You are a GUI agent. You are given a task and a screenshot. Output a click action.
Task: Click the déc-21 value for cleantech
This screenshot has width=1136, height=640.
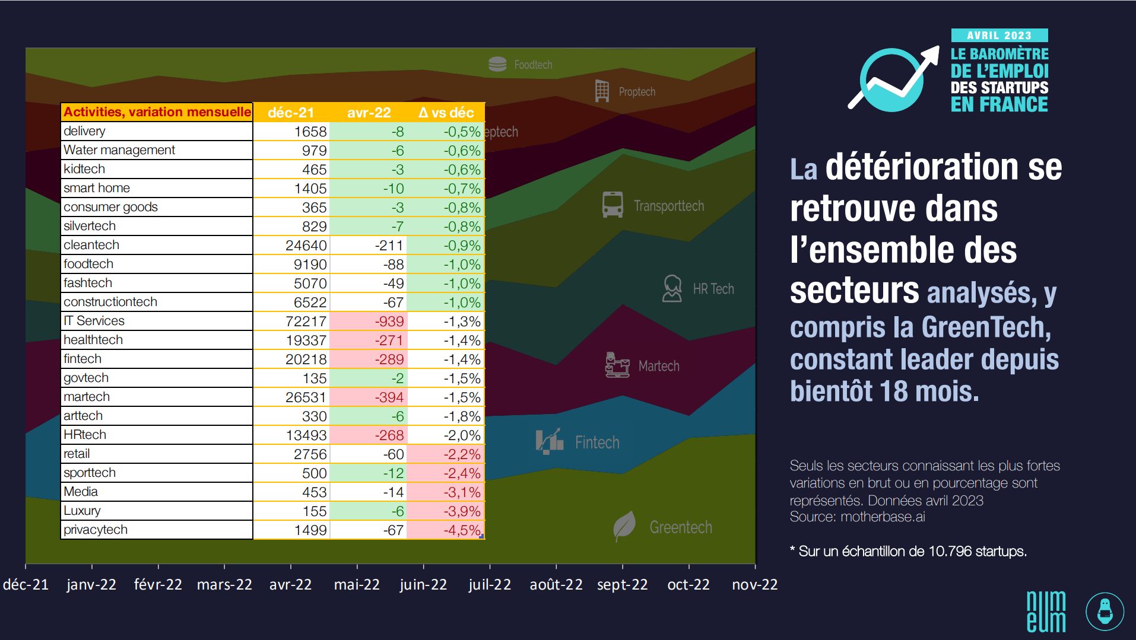306,246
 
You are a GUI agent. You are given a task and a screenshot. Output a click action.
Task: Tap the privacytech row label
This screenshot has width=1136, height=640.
96,530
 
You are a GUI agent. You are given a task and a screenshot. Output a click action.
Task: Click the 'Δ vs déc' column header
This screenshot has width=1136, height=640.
446,113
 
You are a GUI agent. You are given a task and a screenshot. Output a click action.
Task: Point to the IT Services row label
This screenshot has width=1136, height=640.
94,321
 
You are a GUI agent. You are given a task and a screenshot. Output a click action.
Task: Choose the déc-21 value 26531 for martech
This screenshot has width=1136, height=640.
306,397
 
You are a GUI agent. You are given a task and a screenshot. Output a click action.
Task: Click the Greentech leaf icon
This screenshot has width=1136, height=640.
624,526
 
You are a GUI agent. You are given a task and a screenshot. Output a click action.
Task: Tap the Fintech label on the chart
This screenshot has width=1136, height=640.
597,442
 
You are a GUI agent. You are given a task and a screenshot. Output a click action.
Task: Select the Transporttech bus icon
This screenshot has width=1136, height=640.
613,205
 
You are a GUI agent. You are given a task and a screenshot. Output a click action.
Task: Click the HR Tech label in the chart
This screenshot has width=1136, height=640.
713,289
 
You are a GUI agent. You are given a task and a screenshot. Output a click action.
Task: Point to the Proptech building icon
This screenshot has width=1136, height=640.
602,91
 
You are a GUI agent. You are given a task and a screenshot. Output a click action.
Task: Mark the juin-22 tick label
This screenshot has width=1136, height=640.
423,585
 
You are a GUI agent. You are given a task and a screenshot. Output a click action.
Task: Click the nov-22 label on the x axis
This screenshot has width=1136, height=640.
754,585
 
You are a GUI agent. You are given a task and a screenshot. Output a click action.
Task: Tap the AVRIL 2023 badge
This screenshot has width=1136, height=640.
999,36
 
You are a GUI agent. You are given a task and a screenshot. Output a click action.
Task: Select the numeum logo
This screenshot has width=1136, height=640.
1046,612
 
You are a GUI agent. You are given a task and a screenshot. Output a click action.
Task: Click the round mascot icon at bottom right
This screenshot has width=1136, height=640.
1105,612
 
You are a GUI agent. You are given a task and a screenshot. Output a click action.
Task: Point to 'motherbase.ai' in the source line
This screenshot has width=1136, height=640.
883,517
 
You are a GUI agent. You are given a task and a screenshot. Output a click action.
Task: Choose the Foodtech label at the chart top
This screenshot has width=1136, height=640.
533,65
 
